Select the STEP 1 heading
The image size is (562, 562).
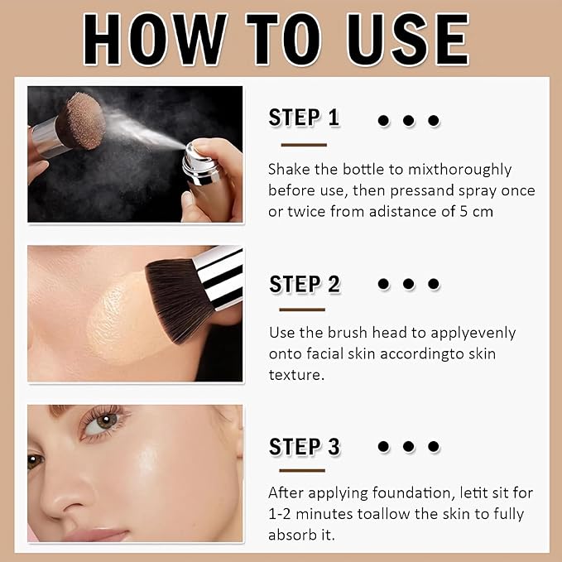point(304,118)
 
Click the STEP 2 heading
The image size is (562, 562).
point(305,284)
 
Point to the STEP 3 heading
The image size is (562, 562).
point(305,447)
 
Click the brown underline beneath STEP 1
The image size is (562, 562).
point(303,144)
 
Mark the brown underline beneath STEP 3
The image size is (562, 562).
point(302,470)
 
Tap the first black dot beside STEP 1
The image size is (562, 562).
point(383,121)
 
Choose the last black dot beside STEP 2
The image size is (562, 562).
point(434,285)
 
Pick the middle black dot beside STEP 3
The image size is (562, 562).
point(409,447)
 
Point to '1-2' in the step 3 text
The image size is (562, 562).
point(281,514)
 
